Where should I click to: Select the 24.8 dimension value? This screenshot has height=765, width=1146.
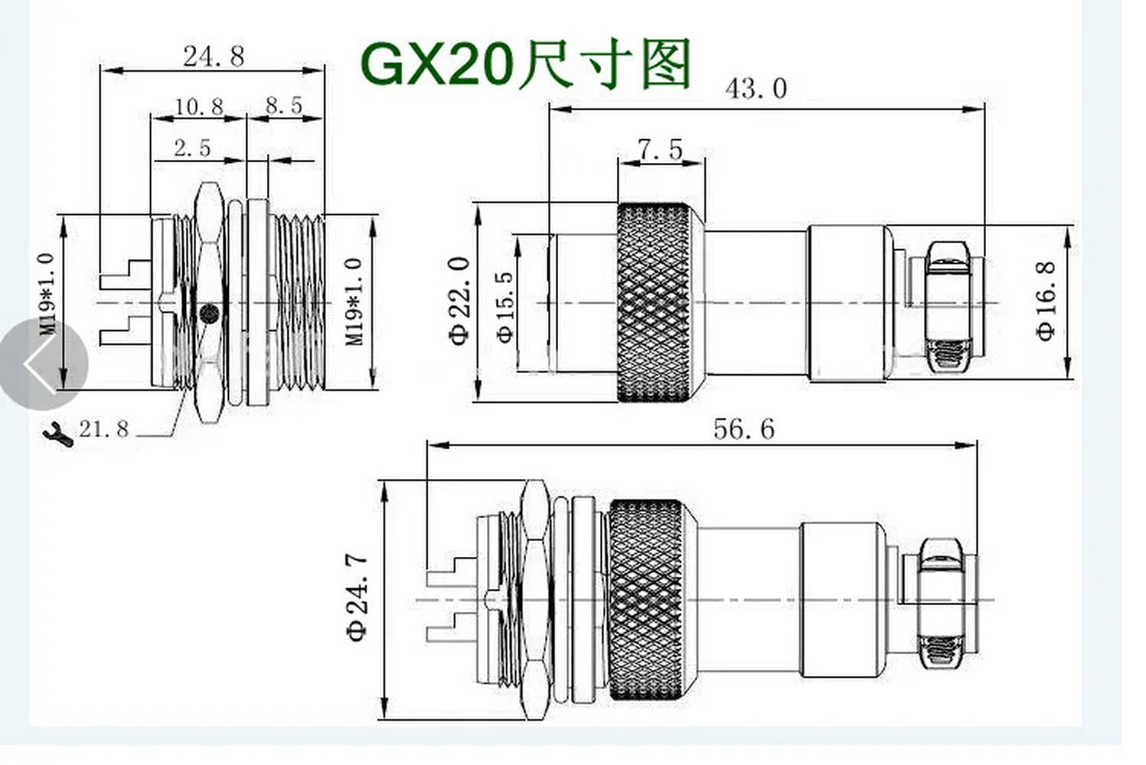click(213, 56)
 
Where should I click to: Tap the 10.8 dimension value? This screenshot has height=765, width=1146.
click(198, 106)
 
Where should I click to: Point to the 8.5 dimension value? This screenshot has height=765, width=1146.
click(284, 106)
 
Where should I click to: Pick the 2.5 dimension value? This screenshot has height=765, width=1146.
click(191, 148)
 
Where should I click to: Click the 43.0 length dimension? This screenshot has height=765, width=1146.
click(756, 89)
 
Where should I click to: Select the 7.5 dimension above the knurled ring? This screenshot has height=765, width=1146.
click(660, 150)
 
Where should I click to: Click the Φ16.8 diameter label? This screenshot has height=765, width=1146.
click(1045, 300)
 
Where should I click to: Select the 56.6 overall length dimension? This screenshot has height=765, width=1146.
click(743, 429)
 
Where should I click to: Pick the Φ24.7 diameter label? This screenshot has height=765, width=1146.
click(357, 597)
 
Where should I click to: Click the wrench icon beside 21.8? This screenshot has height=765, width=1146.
click(58, 433)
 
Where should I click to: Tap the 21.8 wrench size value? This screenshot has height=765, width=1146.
click(103, 429)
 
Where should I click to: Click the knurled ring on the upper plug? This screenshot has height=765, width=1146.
click(655, 302)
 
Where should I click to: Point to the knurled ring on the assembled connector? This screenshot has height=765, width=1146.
click(645, 600)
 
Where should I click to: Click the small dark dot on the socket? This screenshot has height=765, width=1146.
click(208, 313)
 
